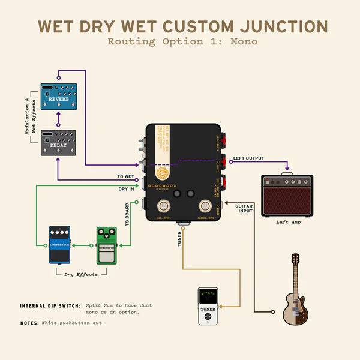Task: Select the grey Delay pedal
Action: point(58,143)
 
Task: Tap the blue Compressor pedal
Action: point(59,245)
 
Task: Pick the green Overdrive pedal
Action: point(107,245)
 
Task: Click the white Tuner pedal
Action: point(208,307)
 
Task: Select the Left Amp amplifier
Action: point(287,196)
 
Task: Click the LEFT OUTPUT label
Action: point(248,158)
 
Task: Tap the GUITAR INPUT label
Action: point(243,208)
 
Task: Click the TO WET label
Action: point(125,176)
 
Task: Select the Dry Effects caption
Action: point(82,274)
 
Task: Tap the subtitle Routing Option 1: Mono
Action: point(182,41)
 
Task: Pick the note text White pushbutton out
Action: point(71,323)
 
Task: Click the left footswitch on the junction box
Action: point(163,207)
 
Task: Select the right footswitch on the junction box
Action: point(205,207)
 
